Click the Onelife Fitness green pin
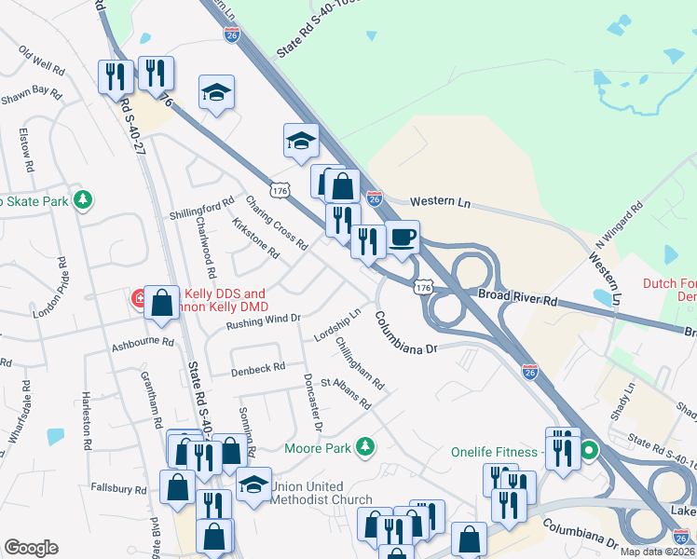[x=589, y=454]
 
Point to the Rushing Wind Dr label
[x=265, y=321]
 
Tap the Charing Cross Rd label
[x=276, y=223]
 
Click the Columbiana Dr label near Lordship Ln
[x=406, y=333]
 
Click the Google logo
[x=31, y=548]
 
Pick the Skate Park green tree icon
[x=83, y=199]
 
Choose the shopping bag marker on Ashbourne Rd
[x=162, y=303]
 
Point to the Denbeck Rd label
[x=258, y=369]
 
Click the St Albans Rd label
[x=345, y=392]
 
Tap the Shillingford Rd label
[x=201, y=209]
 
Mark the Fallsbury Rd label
[x=119, y=488]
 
